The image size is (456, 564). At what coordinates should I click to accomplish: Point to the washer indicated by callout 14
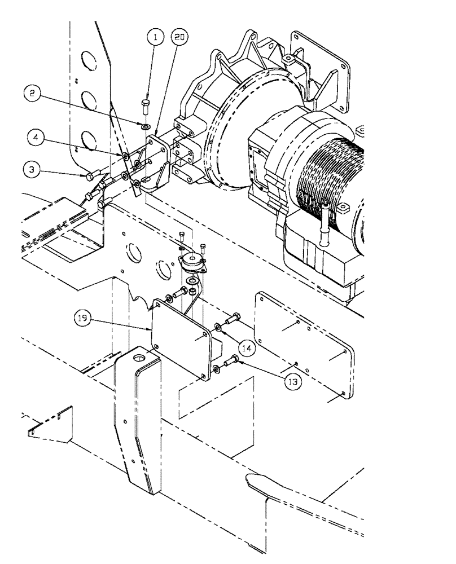point(217,328)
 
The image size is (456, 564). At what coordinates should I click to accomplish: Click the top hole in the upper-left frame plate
point(87,60)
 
